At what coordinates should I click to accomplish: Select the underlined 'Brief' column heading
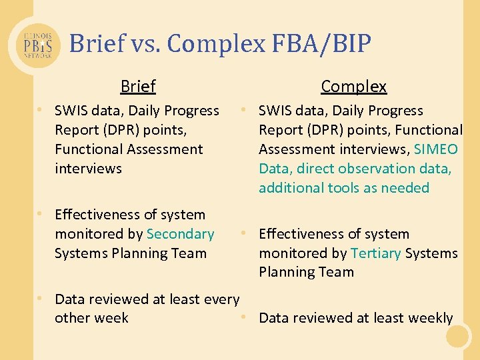click(138, 87)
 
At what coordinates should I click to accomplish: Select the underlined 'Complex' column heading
click(353, 87)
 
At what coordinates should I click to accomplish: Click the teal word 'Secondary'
click(180, 234)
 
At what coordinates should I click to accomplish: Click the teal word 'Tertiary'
click(375, 253)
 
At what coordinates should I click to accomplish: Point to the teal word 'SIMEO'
click(435, 149)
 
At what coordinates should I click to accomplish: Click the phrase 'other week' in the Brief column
click(91, 318)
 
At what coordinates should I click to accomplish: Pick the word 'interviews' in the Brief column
click(88, 169)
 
